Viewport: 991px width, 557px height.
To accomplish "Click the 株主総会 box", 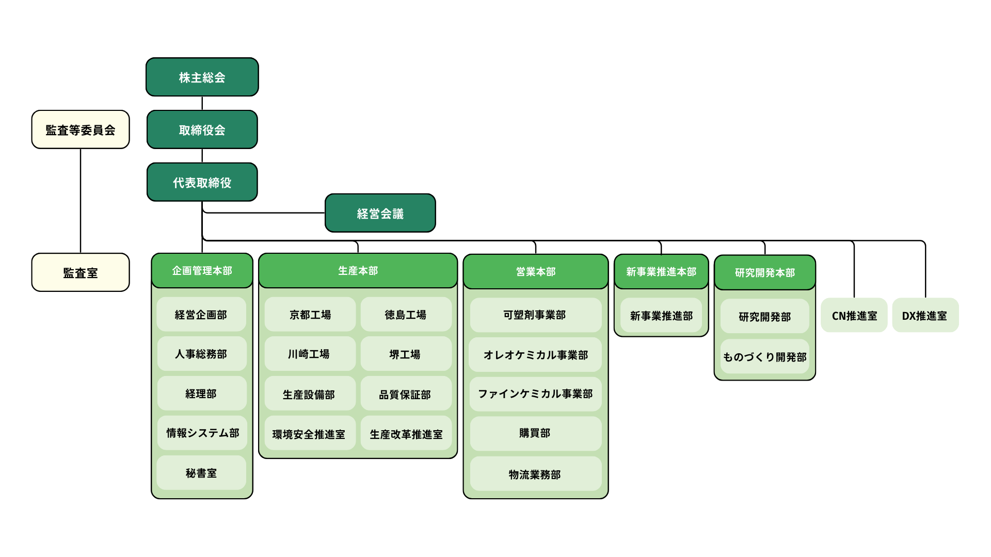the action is [x=202, y=77].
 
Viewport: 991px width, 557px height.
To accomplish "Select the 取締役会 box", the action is [x=202, y=129].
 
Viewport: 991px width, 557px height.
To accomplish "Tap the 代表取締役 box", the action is [x=202, y=182].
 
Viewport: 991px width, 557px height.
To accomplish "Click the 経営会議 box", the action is [x=380, y=213].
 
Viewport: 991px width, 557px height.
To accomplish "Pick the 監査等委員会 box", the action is [x=81, y=129].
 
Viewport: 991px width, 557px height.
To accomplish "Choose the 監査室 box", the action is [x=81, y=272].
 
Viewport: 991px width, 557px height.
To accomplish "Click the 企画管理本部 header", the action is [x=202, y=270].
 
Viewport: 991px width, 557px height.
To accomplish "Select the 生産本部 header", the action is [x=358, y=270].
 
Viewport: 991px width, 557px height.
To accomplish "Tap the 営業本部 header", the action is [x=536, y=271].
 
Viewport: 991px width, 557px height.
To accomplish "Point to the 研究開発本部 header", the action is [x=765, y=272].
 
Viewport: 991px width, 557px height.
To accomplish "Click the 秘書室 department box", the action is [x=201, y=472].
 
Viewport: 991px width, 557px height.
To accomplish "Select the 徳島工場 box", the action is [x=406, y=314].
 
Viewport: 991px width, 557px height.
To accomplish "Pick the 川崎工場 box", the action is [x=310, y=354].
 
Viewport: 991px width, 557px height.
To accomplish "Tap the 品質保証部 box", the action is [x=406, y=394].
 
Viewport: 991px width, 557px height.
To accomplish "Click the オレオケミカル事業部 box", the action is [x=535, y=354].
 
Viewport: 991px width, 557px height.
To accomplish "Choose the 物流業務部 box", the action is [x=536, y=473].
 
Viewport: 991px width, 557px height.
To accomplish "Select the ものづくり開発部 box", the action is [x=765, y=356].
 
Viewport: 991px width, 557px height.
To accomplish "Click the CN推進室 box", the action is [x=854, y=315].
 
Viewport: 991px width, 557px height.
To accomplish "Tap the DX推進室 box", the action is [x=925, y=315].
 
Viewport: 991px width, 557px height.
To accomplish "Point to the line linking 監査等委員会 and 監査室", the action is [x=81, y=201].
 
